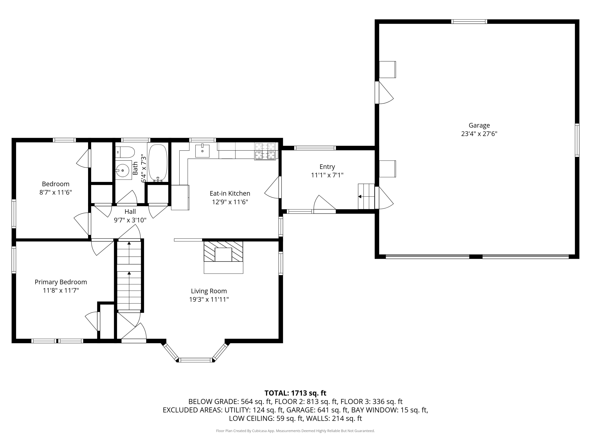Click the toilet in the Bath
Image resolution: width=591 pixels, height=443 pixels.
pos(125,152)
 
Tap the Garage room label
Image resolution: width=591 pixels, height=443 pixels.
pos(479,125)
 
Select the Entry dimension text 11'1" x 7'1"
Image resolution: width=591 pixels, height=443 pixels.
pos(327,175)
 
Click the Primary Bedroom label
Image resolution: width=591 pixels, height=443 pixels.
pos(61,282)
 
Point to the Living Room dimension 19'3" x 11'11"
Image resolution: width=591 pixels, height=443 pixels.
pos(209,299)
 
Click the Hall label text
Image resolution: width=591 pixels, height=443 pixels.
pos(130,211)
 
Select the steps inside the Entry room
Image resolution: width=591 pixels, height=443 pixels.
pos(366,196)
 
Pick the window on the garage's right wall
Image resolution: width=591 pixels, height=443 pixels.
pos(577,140)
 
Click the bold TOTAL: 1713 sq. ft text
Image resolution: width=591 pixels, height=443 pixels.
pos(295,393)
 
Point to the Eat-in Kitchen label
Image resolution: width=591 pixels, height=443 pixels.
pos(230,193)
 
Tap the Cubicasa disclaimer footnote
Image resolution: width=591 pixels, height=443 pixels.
pos(295,431)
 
